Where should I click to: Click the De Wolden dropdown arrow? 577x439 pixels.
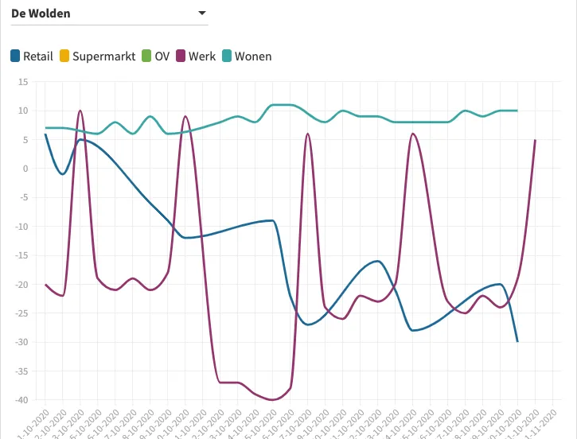[202, 14]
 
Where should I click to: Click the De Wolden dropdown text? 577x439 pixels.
[41, 14]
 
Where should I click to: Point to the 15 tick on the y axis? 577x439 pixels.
[23, 82]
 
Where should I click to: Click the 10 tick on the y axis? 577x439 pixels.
[23, 111]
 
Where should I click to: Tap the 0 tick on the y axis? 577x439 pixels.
[25, 169]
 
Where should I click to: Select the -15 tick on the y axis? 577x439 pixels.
[21, 255]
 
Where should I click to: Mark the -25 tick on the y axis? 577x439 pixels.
[21, 313]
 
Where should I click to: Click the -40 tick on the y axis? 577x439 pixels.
[21, 400]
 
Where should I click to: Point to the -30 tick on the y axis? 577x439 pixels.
[21, 342]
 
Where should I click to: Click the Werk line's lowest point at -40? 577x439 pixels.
[273, 399]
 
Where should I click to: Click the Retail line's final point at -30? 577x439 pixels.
[517, 341]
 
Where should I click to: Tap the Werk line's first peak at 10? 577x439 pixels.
[80, 111]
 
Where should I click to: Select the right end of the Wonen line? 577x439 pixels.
[517, 111]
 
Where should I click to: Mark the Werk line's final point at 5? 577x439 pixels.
[535, 140]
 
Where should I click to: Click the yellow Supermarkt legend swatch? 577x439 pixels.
[64, 56]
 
